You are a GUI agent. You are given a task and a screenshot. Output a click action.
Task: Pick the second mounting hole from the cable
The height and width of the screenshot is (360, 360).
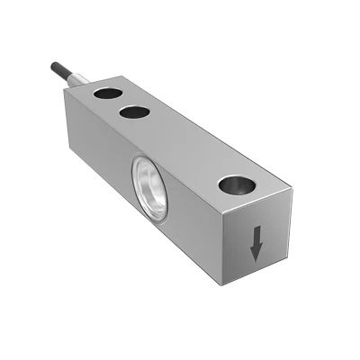[x=135, y=112]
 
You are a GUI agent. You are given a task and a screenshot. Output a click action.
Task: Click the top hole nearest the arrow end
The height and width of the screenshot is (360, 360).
[x=237, y=185]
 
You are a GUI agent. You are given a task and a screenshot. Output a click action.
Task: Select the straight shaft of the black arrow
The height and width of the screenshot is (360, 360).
[x=256, y=236]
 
